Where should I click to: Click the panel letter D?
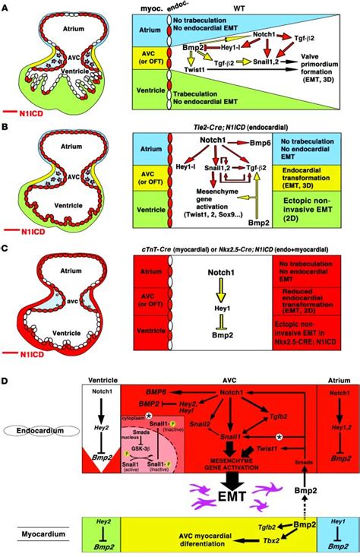[x=6, y=376]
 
